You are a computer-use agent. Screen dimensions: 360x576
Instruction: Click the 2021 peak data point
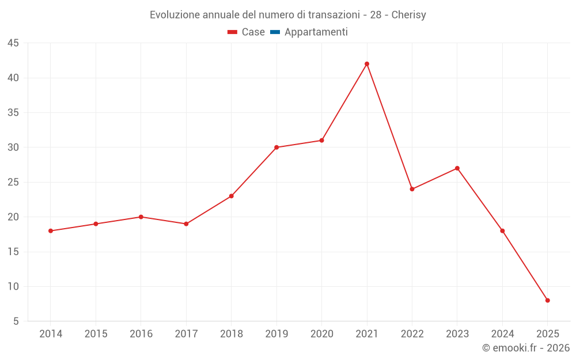[x=367, y=64]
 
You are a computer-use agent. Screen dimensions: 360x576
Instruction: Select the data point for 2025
[x=547, y=300]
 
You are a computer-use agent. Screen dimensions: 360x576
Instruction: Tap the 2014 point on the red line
[x=51, y=231]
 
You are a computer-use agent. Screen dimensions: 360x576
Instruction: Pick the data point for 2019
[x=276, y=147]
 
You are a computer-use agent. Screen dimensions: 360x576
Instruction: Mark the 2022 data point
[x=412, y=189]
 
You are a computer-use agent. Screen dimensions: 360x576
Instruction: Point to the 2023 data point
[x=457, y=168]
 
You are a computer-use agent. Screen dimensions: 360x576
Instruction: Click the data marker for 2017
[x=186, y=224]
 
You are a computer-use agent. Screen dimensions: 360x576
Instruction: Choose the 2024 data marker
[x=502, y=231]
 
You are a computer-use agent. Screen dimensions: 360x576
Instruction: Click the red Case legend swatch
[x=232, y=32]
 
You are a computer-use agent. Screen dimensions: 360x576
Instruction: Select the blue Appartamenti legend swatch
[x=275, y=32]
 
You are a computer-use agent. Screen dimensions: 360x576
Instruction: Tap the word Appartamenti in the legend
[x=316, y=32]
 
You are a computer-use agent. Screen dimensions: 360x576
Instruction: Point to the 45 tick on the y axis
[x=13, y=43]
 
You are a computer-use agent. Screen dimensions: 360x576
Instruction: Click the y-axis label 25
[x=13, y=183]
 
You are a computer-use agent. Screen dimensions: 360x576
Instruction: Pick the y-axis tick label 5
[x=16, y=321]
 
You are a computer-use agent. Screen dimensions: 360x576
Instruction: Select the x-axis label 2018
[x=231, y=334]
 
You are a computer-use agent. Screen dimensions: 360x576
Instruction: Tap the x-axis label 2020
[x=321, y=334]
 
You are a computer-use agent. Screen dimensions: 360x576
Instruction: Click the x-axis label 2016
[x=141, y=334]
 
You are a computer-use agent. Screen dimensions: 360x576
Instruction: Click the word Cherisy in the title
[x=408, y=15]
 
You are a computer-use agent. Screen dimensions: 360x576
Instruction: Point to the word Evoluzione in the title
[x=174, y=15]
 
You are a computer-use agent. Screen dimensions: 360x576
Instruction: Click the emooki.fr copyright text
[x=525, y=348]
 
